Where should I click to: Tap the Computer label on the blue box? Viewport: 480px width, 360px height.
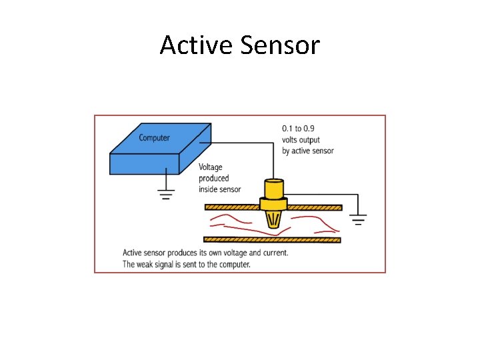[x=154, y=138]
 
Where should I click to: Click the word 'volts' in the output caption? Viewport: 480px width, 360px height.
[x=291, y=139]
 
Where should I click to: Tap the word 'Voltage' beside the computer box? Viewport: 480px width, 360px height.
[x=211, y=167]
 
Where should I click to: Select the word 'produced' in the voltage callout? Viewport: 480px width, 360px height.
[x=213, y=178]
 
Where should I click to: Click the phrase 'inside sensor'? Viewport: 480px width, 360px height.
[x=219, y=189]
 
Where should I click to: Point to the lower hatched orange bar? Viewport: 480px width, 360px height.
[x=272, y=239]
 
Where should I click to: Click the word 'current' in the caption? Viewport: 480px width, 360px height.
[x=273, y=253]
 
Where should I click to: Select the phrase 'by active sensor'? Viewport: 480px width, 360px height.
[x=307, y=151]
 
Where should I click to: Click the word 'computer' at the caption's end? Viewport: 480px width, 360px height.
[x=235, y=265]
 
